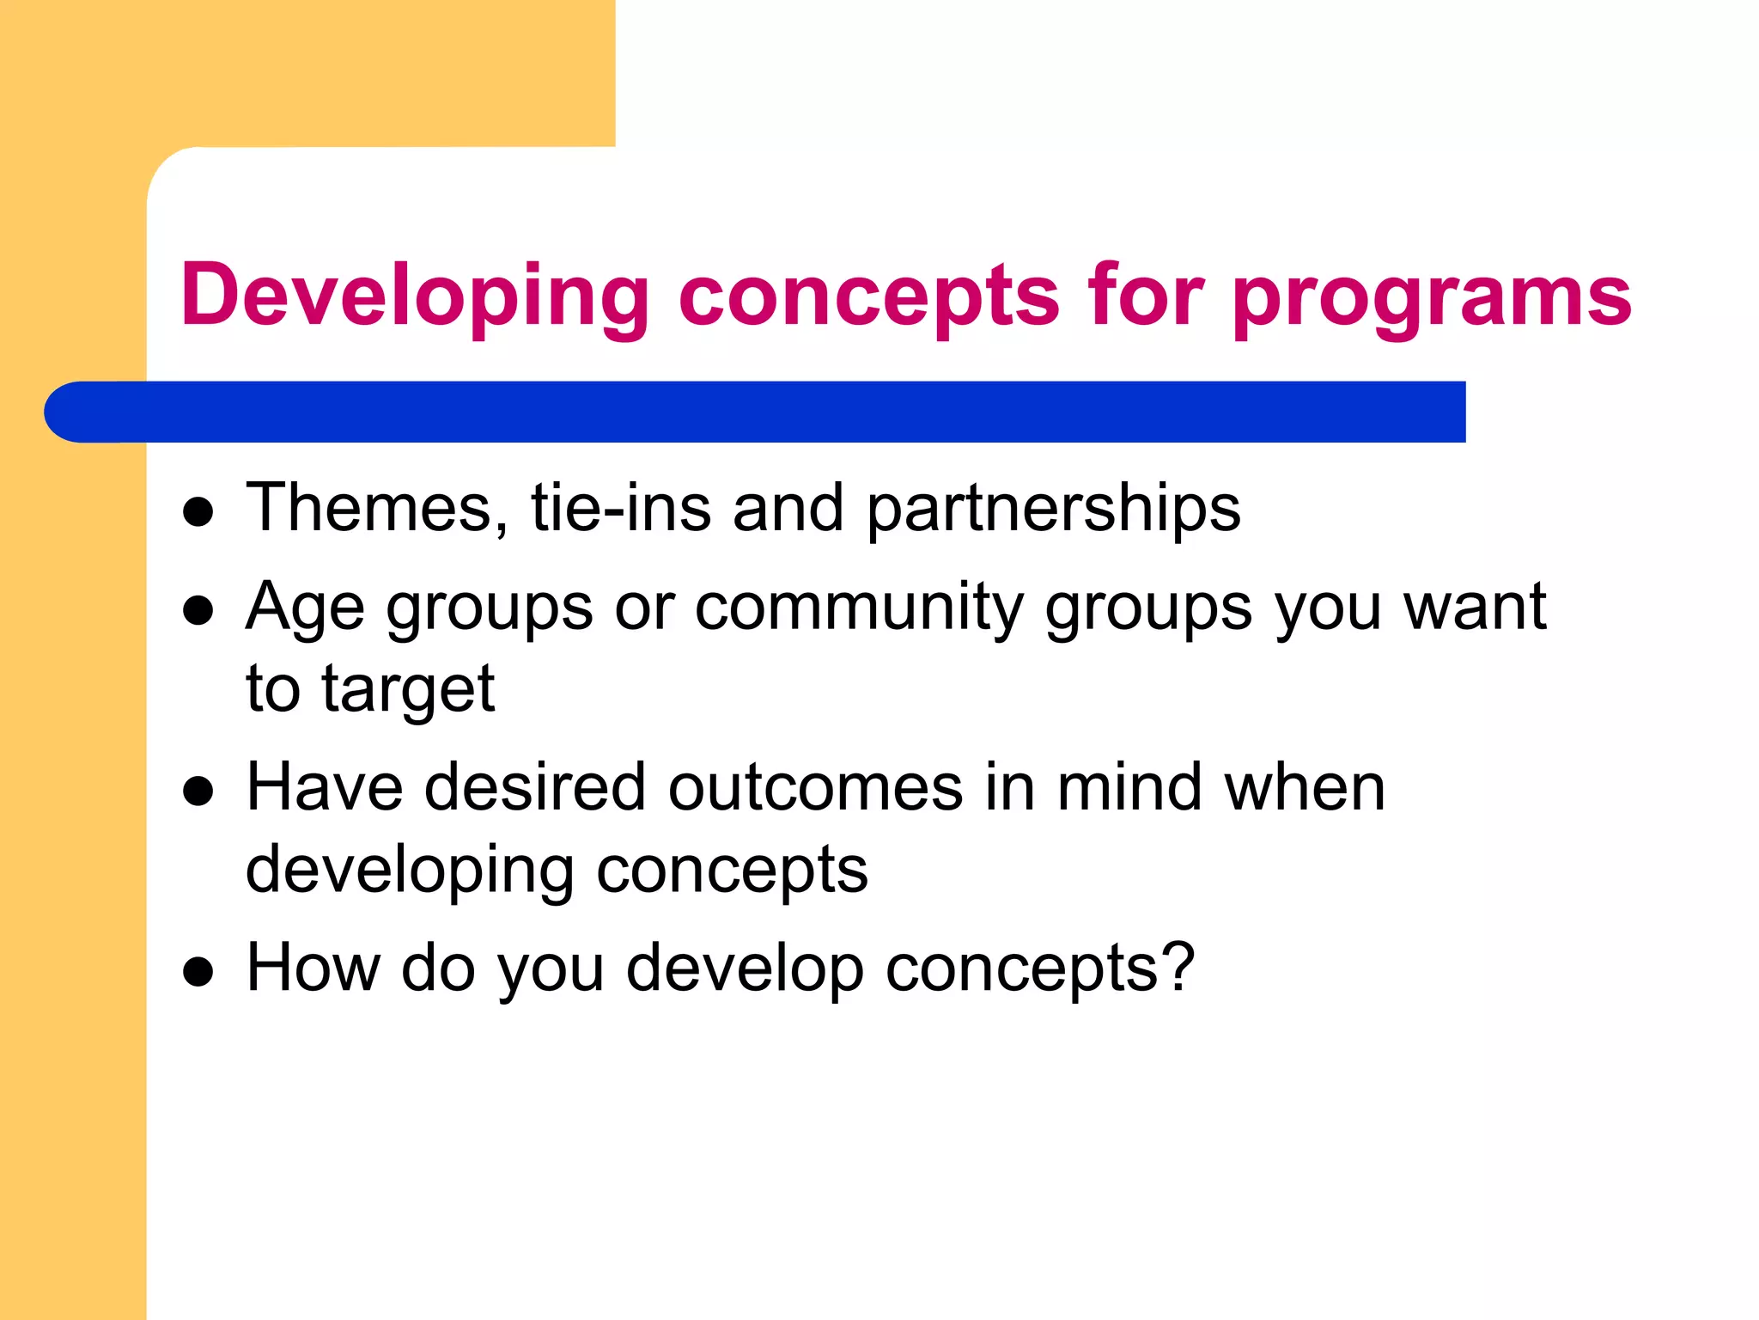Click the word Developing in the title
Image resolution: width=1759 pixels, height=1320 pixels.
tap(415, 296)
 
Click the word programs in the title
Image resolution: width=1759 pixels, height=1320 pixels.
tap(1432, 296)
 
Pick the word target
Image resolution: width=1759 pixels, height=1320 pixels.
tap(408, 690)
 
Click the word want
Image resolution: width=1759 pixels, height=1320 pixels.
tap(1474, 607)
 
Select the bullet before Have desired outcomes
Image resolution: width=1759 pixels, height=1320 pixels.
tap(198, 791)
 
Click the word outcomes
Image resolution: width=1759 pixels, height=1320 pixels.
tap(816, 789)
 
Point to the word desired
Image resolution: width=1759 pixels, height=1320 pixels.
tap(535, 787)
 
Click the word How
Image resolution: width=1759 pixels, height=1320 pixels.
tap(313, 969)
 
